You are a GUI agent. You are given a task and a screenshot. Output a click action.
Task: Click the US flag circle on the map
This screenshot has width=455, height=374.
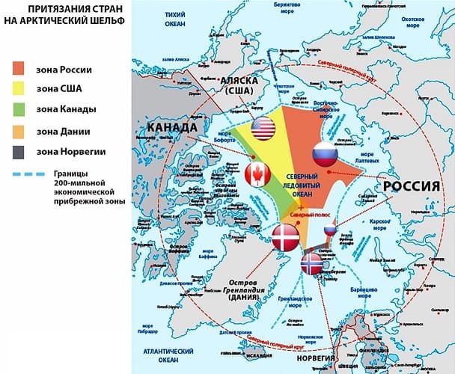click(x=263, y=129)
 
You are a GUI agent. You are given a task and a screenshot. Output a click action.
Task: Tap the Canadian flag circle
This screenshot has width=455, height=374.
click(x=257, y=174)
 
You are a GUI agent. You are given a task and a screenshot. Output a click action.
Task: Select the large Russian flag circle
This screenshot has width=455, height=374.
click(x=326, y=155)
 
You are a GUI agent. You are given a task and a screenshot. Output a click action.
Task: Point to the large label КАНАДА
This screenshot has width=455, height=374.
click(x=173, y=129)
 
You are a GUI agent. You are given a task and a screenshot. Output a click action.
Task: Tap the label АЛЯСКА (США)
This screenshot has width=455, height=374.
click(x=241, y=85)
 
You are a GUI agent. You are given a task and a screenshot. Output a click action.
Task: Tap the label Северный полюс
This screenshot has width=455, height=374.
click(x=310, y=214)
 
